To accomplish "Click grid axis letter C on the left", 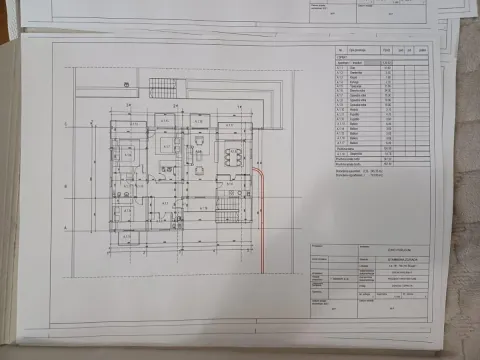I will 65,124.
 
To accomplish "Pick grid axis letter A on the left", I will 65,229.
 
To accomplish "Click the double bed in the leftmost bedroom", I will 126,155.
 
